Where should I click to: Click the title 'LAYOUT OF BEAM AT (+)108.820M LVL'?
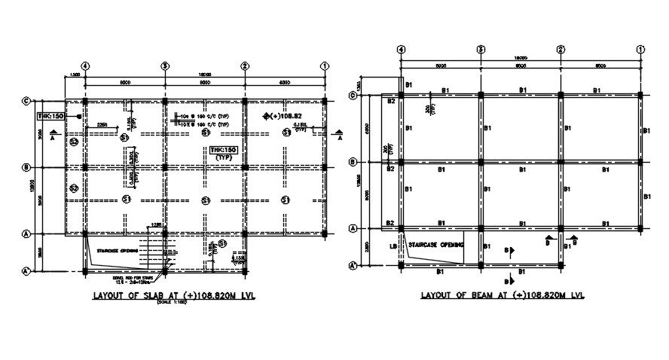[503, 296]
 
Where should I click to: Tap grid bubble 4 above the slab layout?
[85, 66]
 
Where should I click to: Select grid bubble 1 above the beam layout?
[640, 50]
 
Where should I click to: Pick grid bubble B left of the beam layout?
[352, 162]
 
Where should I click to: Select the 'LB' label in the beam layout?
[393, 246]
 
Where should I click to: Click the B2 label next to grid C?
[391, 100]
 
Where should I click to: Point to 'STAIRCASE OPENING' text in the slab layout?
[118, 251]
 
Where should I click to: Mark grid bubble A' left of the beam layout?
[352, 264]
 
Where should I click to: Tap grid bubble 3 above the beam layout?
[480, 50]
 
